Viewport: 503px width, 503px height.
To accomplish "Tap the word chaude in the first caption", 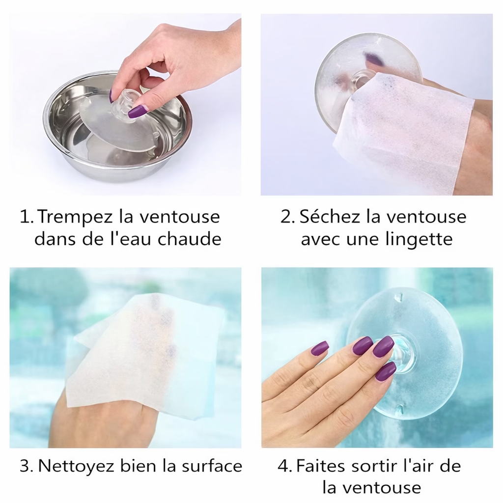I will click(x=189, y=239).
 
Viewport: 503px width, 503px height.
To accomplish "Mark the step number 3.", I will click(x=24, y=466).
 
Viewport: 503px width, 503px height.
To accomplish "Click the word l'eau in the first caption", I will click(x=131, y=239).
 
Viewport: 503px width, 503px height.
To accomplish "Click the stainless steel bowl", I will click(x=74, y=147).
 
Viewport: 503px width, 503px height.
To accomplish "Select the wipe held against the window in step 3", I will click(x=142, y=354).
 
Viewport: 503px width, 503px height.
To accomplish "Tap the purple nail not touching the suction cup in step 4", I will click(x=319, y=348).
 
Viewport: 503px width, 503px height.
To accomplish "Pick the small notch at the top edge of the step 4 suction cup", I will click(x=399, y=297).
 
